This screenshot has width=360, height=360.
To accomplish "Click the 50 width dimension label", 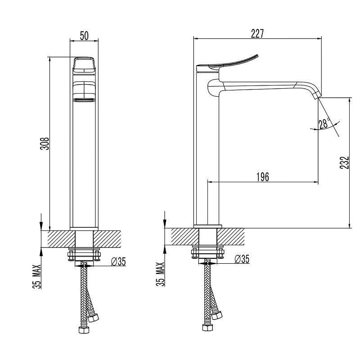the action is coord(84,36).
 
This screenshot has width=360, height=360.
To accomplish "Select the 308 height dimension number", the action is coord(45,144).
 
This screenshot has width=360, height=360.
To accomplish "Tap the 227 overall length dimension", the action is coord(257,33).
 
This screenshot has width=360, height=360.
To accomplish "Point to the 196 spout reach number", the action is coord(263,177).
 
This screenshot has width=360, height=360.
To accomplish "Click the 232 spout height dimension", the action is coord(344,162).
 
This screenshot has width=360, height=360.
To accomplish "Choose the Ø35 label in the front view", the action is coord(118,261).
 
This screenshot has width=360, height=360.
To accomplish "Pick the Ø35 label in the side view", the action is coord(242,259).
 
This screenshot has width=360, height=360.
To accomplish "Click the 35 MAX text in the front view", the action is coord(37,276).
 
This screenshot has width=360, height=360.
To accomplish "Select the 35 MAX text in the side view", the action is coord(160,274).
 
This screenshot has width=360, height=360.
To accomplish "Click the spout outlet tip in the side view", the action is coord(317,94).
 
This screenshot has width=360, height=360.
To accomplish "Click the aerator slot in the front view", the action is coord(84,100).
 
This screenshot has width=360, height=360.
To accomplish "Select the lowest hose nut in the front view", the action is coord(84,330).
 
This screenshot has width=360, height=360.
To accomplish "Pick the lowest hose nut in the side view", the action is coord(208,328).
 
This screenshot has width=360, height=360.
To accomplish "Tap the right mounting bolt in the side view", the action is coord(220,253).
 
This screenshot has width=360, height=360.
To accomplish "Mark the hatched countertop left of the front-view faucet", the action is coord(62,239).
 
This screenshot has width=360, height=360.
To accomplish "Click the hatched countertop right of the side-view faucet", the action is coord(230,237).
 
